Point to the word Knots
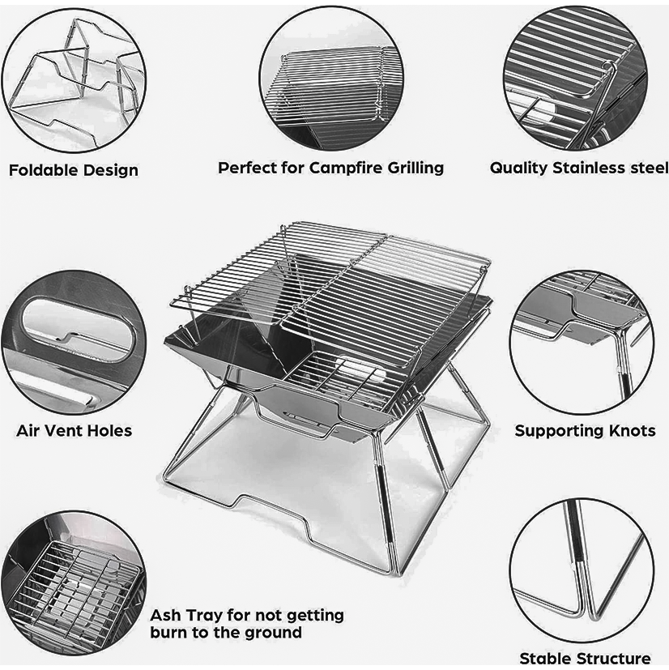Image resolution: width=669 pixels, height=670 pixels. (x=632, y=431)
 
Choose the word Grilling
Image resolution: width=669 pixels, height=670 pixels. (x=415, y=168)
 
